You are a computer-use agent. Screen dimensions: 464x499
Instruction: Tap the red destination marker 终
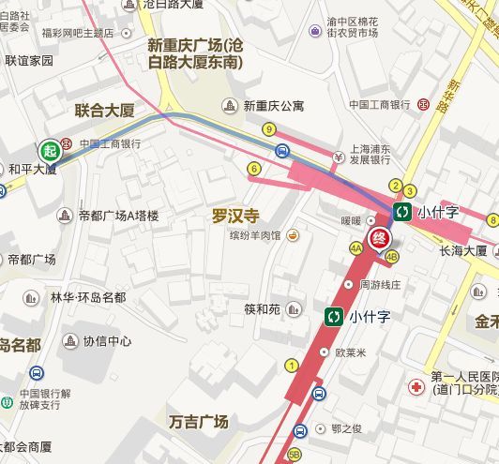click(x=380, y=238)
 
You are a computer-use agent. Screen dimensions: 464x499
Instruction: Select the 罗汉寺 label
click(x=234, y=216)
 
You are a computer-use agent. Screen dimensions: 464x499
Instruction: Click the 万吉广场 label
click(x=199, y=421)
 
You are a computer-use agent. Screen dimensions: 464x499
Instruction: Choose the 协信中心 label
click(x=107, y=341)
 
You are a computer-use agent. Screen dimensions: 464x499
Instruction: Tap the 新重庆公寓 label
click(x=273, y=105)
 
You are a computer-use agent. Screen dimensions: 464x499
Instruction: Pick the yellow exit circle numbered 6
click(x=253, y=169)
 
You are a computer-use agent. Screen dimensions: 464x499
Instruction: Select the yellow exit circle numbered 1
click(x=292, y=365)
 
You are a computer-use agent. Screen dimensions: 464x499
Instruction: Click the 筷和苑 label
click(x=263, y=308)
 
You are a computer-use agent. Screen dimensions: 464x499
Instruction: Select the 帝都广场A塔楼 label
click(x=118, y=216)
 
